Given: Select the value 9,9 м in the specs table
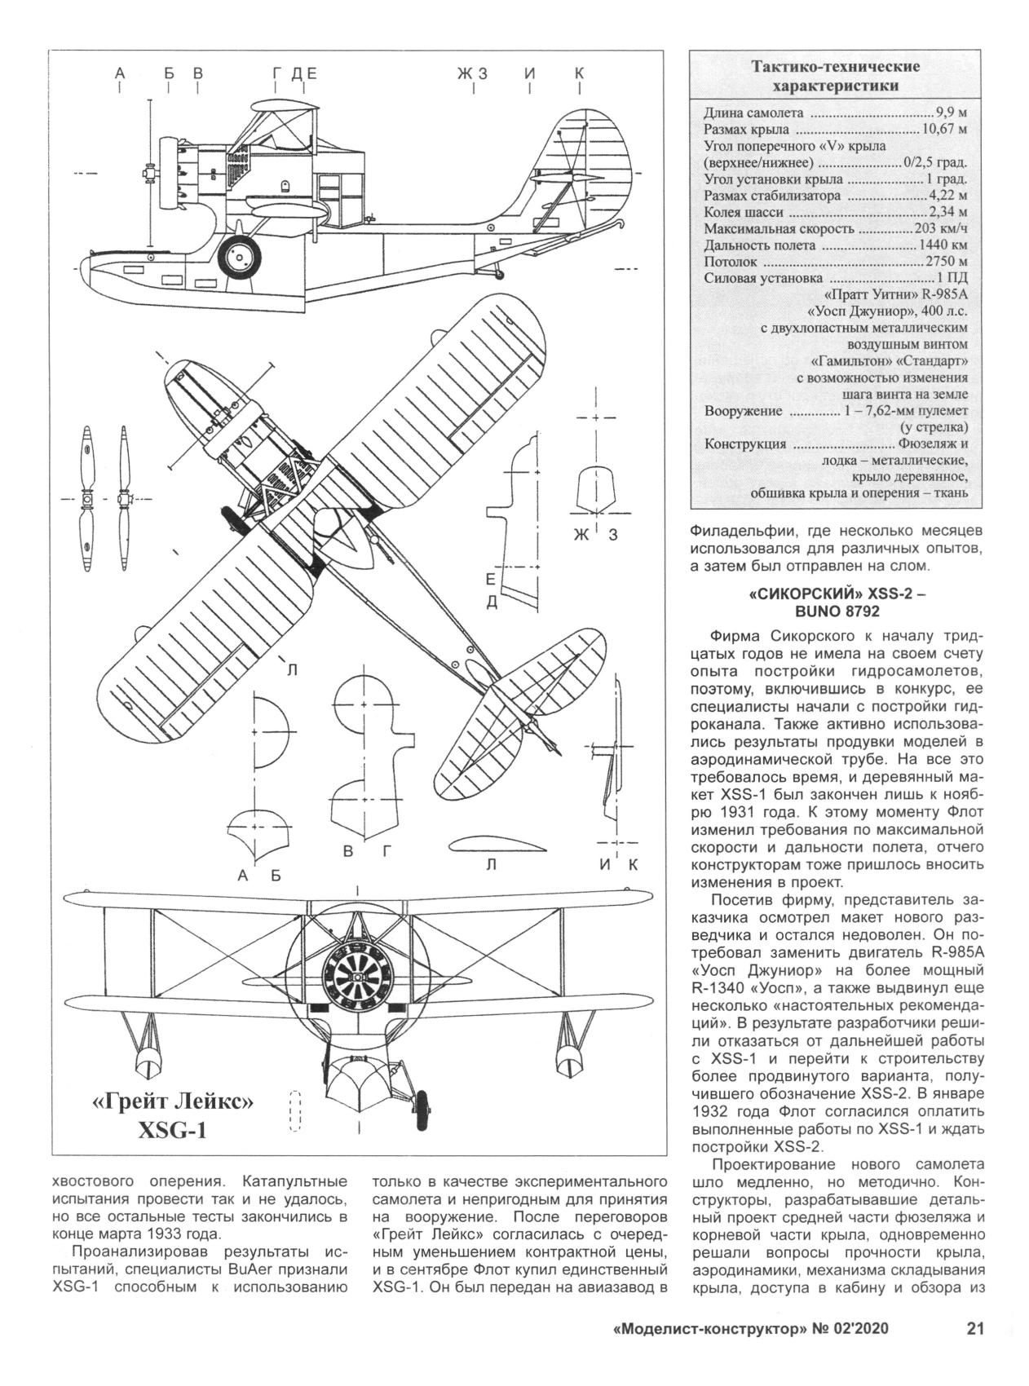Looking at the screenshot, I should [x=951, y=113].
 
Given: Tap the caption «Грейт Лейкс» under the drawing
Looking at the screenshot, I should [x=174, y=1102].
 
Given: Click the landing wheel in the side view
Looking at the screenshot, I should [x=241, y=256].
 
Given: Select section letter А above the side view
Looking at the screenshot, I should [x=121, y=73].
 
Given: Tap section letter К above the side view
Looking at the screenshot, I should [x=579, y=73].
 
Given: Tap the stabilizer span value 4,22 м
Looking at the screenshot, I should [x=947, y=196].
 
